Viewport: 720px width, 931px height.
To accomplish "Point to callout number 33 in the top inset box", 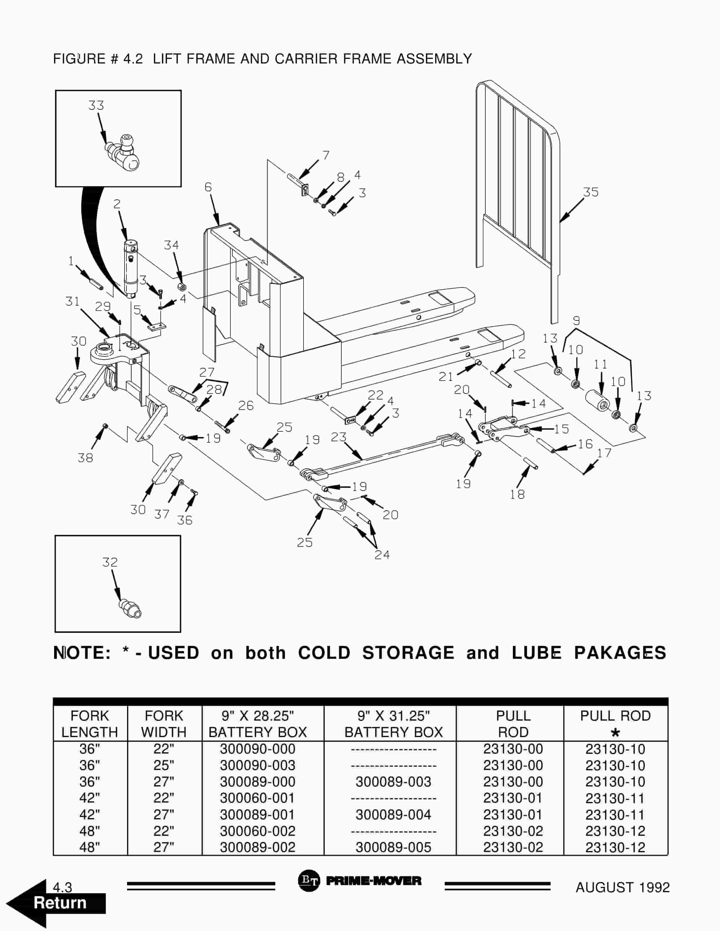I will coord(96,105).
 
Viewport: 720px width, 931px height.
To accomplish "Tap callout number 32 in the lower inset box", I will coord(110,562).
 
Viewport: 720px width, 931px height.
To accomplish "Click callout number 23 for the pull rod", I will coord(339,437).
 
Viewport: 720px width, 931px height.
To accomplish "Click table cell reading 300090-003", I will coord(257,766).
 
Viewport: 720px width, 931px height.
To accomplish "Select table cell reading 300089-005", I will coord(393,848).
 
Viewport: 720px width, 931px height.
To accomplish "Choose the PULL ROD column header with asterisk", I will coord(615,724).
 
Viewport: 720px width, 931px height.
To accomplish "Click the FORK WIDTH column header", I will coord(164,724).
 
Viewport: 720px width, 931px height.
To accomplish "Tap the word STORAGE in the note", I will coord(408,653).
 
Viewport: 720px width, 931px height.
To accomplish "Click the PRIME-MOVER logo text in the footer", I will coord(373,881).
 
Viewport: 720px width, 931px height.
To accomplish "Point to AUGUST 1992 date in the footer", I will coord(622,888).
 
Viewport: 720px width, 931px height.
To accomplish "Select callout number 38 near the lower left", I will coord(85,458).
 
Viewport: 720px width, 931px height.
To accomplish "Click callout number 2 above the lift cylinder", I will coord(117,204).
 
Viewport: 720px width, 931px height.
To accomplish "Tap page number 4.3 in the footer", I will coord(62,888).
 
